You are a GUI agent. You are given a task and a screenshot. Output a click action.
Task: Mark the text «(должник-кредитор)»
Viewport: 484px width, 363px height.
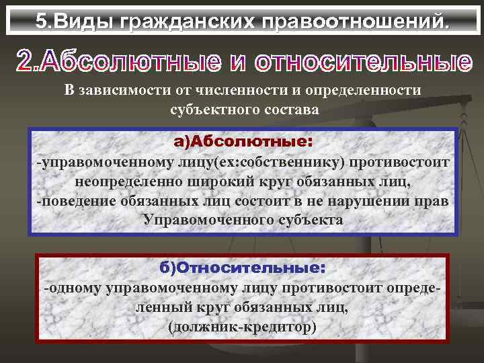click(242, 327)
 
